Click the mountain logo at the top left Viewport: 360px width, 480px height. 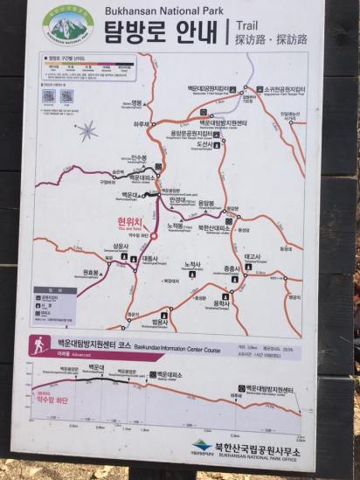68,25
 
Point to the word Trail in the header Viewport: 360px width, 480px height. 250,25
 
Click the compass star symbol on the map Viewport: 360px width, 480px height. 87,130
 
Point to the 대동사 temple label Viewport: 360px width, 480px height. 149,259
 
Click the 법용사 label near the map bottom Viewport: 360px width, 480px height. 159,323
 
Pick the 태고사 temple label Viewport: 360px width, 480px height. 253,255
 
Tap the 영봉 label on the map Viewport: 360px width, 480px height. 135,102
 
